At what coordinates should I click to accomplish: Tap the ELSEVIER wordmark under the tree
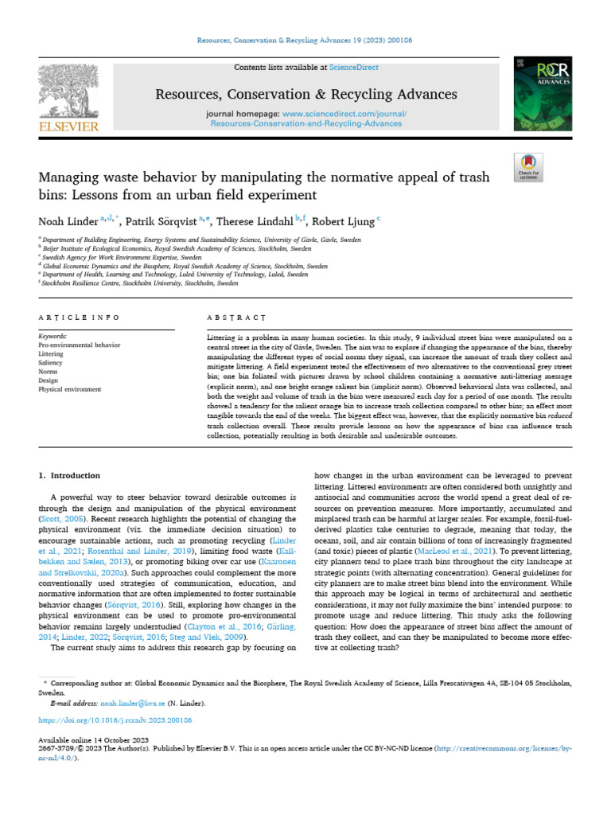[69, 126]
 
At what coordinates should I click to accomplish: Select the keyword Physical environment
[70, 389]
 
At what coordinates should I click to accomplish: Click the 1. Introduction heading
[70, 475]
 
